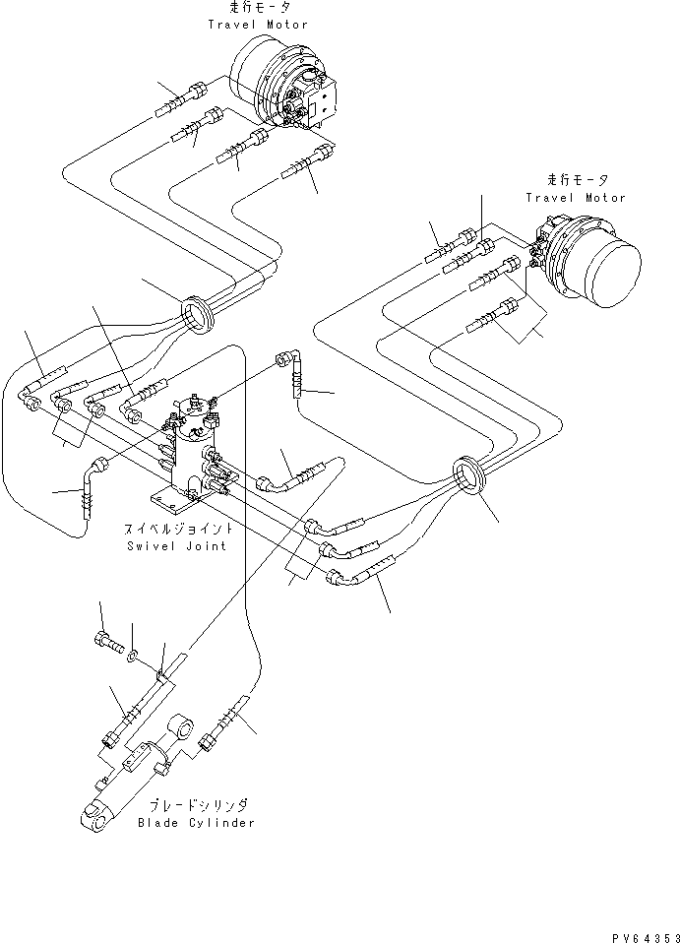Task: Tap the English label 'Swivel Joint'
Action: [176, 546]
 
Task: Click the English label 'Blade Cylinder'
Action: [196, 823]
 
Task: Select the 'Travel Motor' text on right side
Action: [575, 198]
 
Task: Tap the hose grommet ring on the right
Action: [469, 477]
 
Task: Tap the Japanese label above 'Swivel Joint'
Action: [176, 530]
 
